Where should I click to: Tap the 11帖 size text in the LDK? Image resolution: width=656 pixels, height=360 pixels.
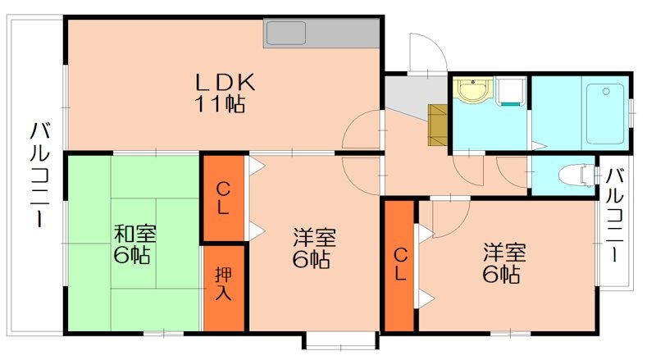click(x=221, y=104)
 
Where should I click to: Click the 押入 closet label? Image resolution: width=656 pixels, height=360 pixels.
click(x=223, y=283)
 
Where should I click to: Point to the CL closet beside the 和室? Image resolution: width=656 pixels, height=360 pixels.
click(x=223, y=198)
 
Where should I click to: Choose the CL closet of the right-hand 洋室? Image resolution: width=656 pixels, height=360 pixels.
click(x=399, y=264)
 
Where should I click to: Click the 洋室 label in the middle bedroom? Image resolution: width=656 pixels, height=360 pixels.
click(x=314, y=239)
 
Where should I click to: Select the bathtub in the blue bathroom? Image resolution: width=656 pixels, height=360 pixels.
click(x=605, y=112)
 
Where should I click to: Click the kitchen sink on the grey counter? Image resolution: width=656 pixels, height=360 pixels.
click(x=285, y=33)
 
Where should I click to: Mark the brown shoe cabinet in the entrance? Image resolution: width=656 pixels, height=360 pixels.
click(x=438, y=125)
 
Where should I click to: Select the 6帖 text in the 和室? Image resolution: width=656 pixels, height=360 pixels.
click(x=131, y=256)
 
